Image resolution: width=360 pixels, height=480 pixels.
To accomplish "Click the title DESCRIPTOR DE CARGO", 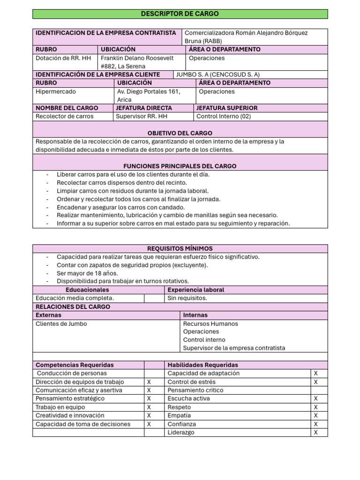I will point(180,14).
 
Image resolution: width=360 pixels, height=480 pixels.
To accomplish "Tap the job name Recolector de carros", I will point(65,116).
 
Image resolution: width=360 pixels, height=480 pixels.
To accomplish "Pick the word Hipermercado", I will point(56,91).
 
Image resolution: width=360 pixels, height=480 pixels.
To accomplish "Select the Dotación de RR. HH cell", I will point(63,58).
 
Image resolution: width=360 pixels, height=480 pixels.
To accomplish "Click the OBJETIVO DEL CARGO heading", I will point(180,133).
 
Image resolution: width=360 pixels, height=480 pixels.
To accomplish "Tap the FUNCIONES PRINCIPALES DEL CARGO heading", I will point(180,166).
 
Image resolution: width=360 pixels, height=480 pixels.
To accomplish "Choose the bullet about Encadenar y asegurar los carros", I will point(120,207).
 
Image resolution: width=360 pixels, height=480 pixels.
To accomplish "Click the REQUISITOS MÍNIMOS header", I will point(180,248).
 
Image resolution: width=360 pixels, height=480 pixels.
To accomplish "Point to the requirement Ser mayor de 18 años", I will point(87,273).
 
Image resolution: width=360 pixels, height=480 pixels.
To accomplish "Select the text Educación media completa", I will point(75,298).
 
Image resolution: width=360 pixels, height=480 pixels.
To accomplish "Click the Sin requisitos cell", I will point(187,298).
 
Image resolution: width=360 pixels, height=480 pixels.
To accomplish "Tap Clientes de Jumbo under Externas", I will point(61,323).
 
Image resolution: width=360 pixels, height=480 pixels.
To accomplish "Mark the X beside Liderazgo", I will point(315,433).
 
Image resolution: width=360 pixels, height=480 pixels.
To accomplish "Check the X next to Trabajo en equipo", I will point(149,407).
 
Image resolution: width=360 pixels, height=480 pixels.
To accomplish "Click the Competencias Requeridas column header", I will point(75,365).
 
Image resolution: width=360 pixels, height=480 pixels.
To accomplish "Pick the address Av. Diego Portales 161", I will point(149,91).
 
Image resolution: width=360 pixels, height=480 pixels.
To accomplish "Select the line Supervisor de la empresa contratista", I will point(234,348).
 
